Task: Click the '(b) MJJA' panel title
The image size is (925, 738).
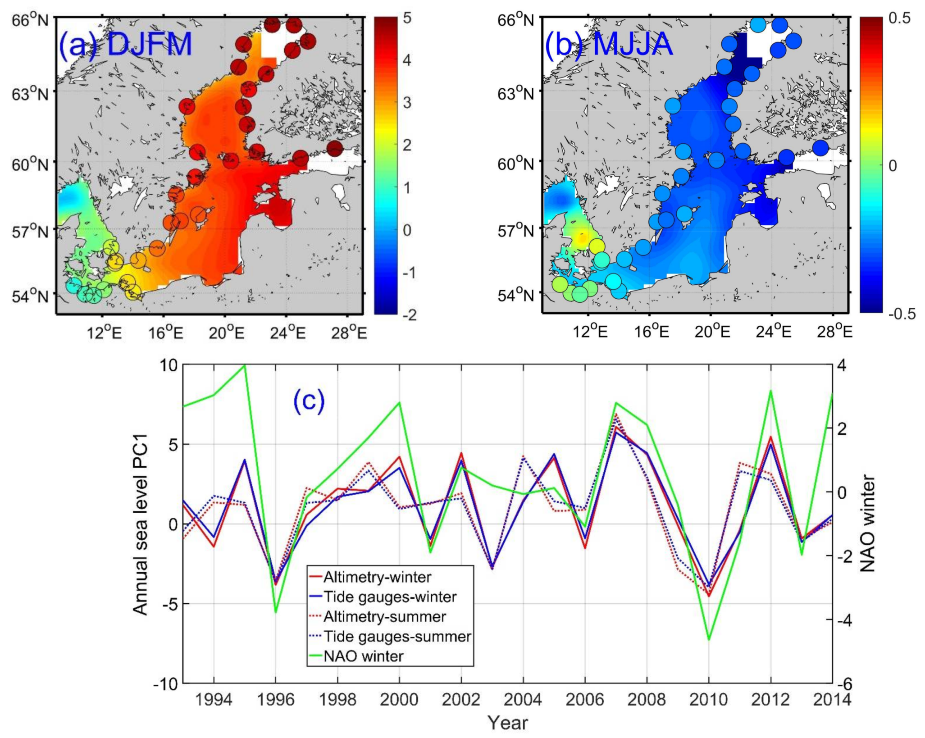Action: pos(609,45)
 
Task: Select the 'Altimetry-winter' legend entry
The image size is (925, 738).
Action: pos(377,577)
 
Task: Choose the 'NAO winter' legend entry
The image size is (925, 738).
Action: pos(363,656)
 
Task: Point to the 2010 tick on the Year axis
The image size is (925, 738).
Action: pos(708,699)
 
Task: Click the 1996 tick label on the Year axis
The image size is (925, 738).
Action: pos(275,699)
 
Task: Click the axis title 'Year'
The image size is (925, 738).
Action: pos(507,723)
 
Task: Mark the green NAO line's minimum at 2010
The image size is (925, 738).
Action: pos(709,639)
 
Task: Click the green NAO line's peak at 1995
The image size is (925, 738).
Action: pos(244,365)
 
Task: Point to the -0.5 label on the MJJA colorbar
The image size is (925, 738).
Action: pos(902,314)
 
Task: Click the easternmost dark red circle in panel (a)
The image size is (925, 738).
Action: pos(335,149)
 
